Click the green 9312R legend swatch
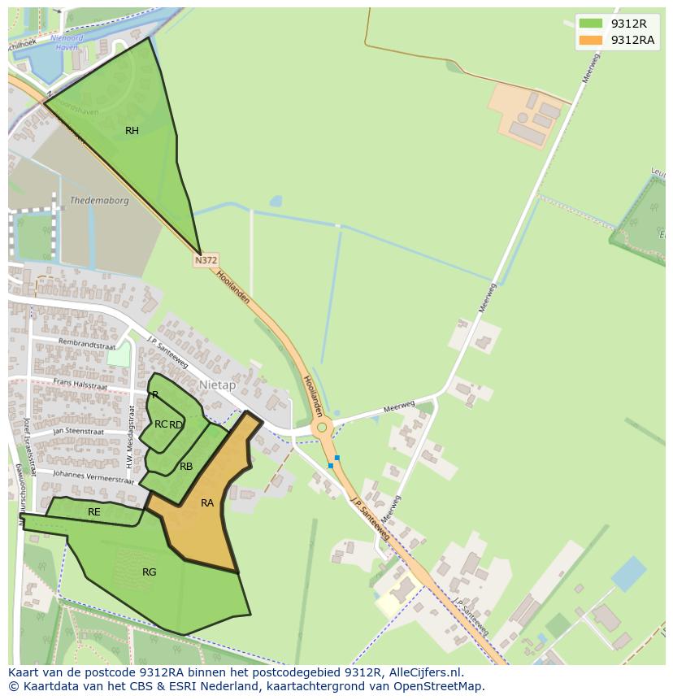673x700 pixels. pyautogui.click(x=591, y=23)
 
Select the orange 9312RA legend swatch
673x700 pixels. pyautogui.click(x=591, y=40)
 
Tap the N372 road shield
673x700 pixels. pyautogui.click(x=206, y=260)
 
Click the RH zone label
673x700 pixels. pyautogui.click(x=132, y=131)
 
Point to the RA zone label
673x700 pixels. pyautogui.click(x=207, y=503)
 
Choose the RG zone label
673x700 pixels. pyautogui.click(x=149, y=572)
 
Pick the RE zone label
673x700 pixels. pyautogui.click(x=94, y=512)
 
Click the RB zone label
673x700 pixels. pyautogui.click(x=186, y=467)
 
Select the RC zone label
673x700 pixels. pyautogui.click(x=161, y=424)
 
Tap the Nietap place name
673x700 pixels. pyautogui.click(x=217, y=385)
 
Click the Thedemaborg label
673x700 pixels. pyautogui.click(x=99, y=200)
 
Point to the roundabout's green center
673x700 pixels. pyautogui.click(x=322, y=427)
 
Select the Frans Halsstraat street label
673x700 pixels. pyautogui.click(x=80, y=383)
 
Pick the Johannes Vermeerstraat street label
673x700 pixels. pyautogui.click(x=92, y=476)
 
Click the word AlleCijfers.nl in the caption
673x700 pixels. pyautogui.click(x=425, y=672)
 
